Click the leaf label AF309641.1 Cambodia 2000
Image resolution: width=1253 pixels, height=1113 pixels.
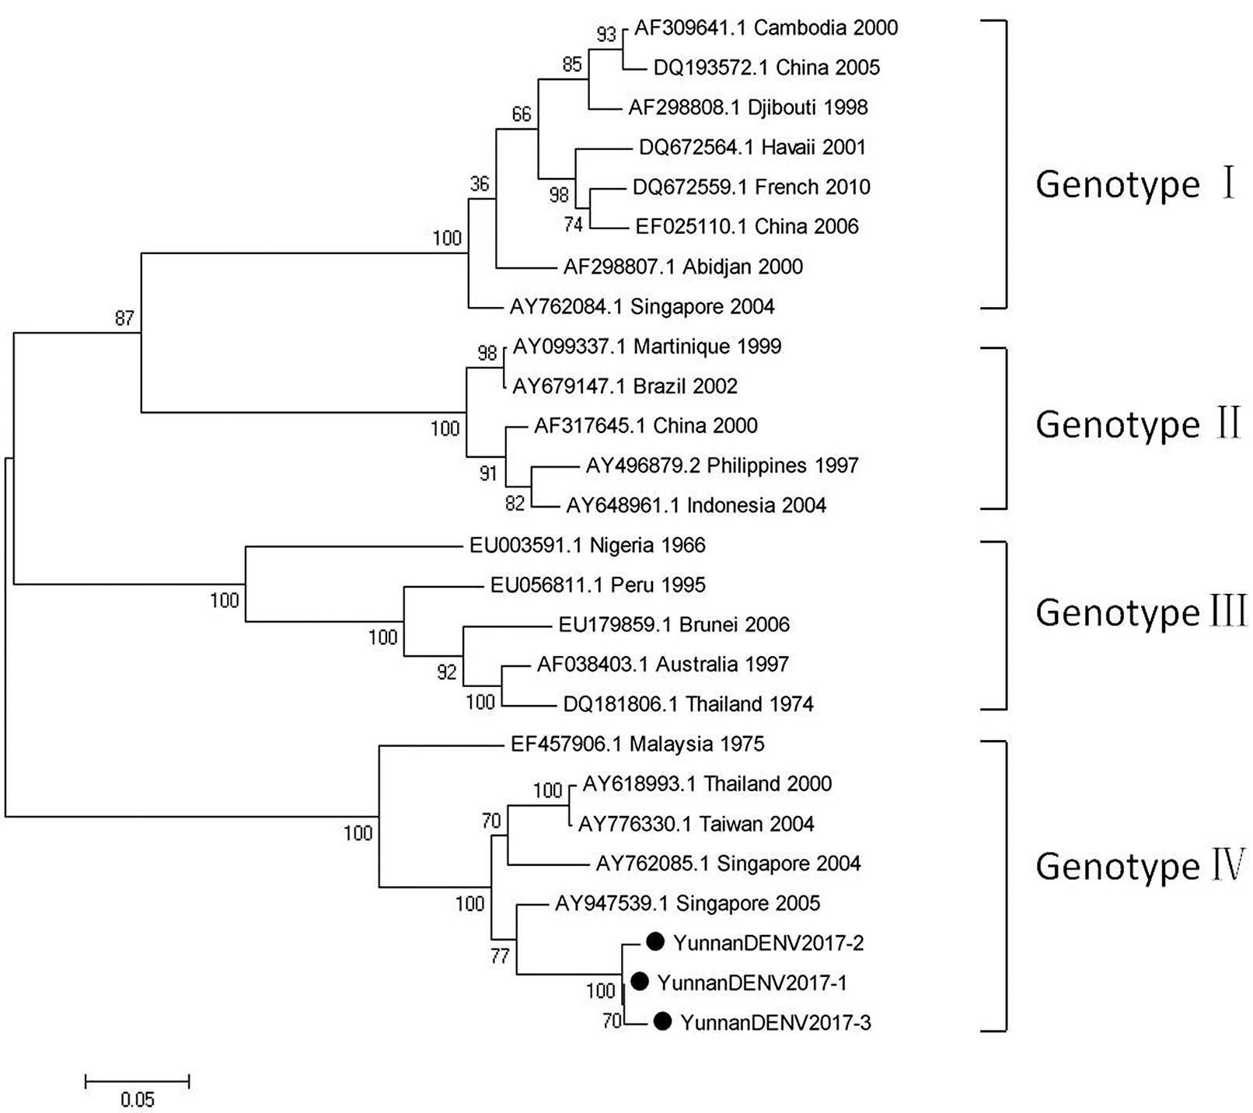(x=766, y=28)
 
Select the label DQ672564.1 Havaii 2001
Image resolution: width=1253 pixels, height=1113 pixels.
(x=752, y=147)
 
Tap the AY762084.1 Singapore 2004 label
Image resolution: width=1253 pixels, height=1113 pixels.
(x=642, y=306)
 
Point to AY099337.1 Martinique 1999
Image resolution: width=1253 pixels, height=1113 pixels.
(x=647, y=346)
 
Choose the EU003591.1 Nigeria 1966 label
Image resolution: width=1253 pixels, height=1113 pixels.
(x=587, y=545)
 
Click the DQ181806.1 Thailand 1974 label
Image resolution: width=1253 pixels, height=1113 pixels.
(x=688, y=704)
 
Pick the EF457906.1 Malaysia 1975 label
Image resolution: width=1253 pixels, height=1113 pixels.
(x=637, y=744)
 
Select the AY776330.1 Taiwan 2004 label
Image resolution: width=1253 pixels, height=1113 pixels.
(x=696, y=824)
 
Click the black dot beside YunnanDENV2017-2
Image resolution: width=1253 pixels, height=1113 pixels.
(x=655, y=942)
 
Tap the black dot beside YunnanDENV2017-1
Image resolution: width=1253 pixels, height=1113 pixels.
(x=639, y=982)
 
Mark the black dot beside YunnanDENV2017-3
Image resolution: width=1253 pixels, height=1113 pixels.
(x=662, y=1021)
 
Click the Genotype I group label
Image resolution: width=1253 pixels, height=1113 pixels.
(x=1136, y=185)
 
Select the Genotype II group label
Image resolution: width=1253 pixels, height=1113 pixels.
(x=1137, y=424)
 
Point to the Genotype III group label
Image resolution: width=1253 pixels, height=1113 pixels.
(x=1140, y=612)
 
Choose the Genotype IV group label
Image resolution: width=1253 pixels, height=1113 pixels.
(x=1140, y=866)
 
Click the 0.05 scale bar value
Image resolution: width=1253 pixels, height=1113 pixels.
(x=138, y=1100)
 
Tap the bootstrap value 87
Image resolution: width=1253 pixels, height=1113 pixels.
(x=124, y=317)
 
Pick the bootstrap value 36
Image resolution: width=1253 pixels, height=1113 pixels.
(x=480, y=183)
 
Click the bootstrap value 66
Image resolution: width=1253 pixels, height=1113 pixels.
(x=522, y=114)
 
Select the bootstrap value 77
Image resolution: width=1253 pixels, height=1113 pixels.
(x=500, y=955)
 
